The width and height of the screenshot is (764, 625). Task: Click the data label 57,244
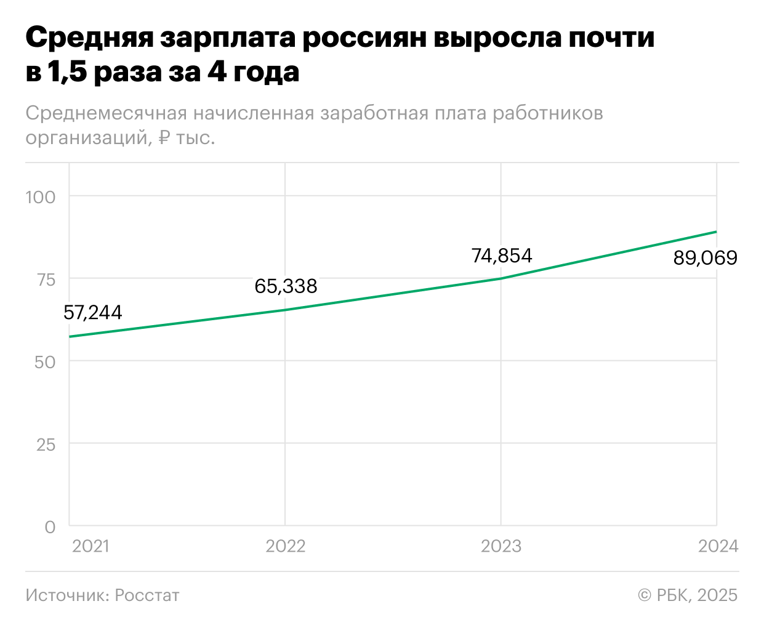click(93, 313)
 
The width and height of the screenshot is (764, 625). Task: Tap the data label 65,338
click(286, 286)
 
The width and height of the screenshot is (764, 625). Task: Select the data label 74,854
click(502, 256)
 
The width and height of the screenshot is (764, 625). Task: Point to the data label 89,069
click(705, 258)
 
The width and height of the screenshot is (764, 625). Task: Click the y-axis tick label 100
click(40, 197)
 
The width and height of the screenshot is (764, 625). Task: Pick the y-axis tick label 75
click(46, 280)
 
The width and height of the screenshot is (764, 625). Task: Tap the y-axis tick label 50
click(46, 362)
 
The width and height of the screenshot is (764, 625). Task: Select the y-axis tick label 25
click(46, 445)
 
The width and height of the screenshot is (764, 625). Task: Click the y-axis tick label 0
click(50, 527)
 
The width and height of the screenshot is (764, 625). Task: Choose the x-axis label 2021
click(90, 546)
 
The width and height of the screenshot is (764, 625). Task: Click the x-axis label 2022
click(286, 546)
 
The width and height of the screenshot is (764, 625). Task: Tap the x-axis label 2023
click(501, 546)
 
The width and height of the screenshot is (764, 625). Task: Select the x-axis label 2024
click(718, 546)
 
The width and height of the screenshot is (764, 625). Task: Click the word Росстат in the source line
click(147, 595)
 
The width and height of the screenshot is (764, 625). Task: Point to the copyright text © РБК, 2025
click(688, 595)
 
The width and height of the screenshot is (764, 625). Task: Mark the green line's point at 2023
click(501, 278)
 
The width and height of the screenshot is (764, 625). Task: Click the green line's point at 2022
click(286, 310)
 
